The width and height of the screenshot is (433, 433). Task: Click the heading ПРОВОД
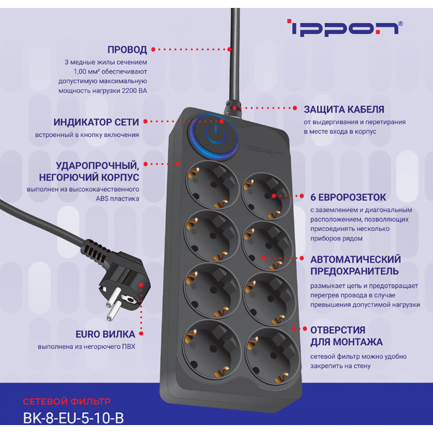(x=127, y=50)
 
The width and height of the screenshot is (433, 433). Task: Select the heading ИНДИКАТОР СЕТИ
(x=97, y=123)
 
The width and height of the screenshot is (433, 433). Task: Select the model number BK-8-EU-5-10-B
(x=74, y=418)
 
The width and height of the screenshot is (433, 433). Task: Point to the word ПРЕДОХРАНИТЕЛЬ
(x=354, y=271)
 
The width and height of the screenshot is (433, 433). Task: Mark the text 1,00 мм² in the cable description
(x=90, y=72)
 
